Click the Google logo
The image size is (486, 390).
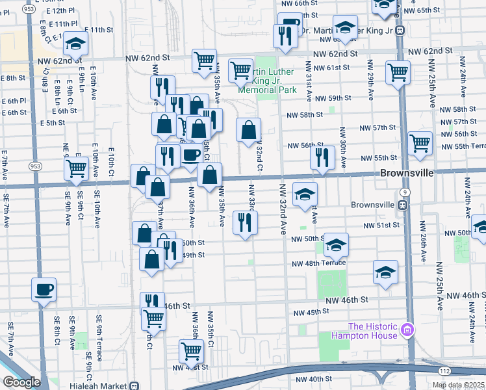tap(21, 382)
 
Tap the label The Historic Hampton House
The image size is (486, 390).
tap(372, 331)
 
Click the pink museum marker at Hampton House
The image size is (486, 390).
tap(407, 331)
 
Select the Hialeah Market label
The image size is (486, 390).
tap(101, 385)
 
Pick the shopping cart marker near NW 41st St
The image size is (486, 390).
tap(191, 351)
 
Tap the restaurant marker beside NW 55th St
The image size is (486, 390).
tap(322, 158)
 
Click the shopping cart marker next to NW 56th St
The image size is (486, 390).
tap(420, 144)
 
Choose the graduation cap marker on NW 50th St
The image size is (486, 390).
tap(336, 245)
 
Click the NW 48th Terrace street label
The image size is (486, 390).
tap(318, 263)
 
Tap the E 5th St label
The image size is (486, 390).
tap(52, 122)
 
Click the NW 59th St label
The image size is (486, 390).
tap(332, 98)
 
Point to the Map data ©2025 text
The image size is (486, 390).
tap(458, 385)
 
